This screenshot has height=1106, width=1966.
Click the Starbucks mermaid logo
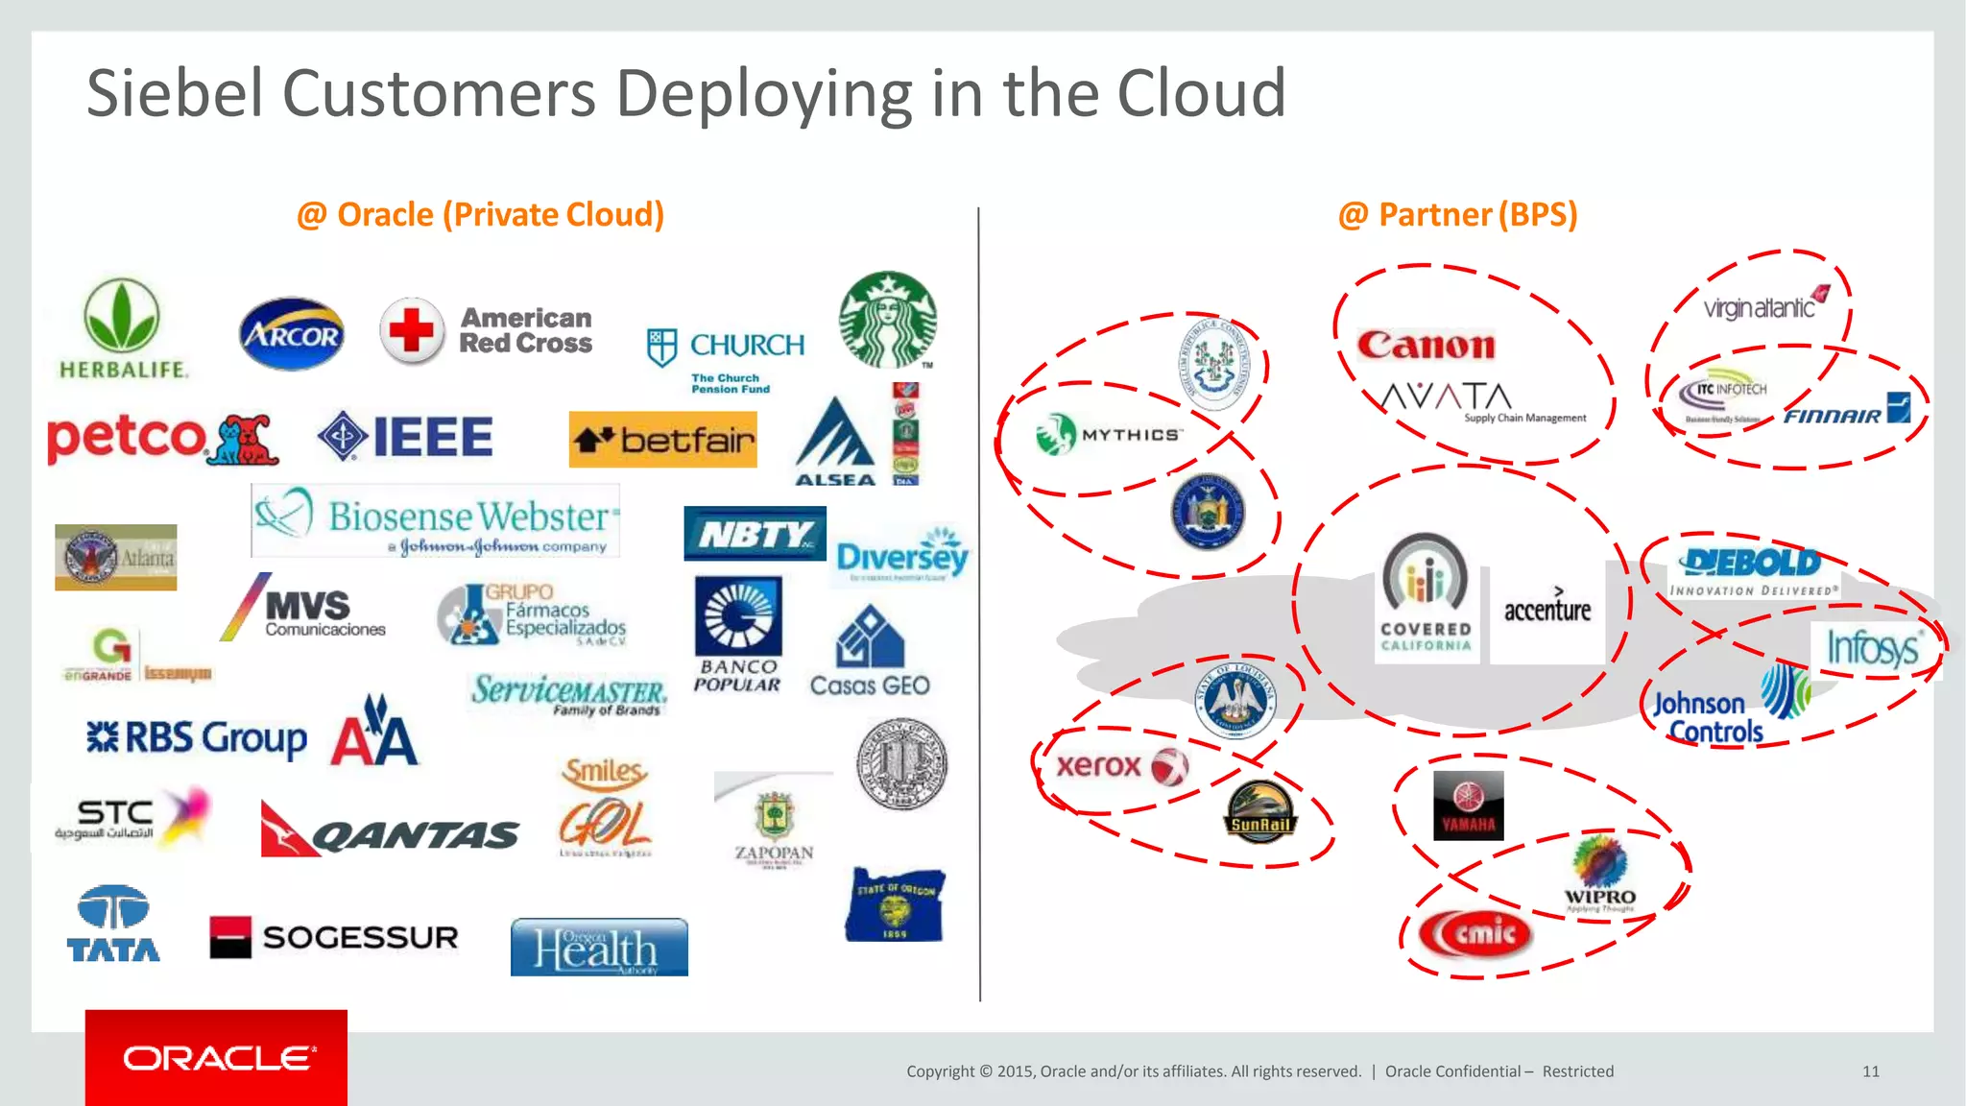click(x=888, y=320)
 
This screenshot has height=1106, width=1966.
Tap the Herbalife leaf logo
click(x=122, y=317)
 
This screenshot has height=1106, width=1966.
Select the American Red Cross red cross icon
click(x=412, y=331)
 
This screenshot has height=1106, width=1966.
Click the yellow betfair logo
click(x=662, y=440)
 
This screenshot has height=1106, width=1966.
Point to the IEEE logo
click(x=405, y=437)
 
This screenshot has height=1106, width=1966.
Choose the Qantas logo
click(x=390, y=830)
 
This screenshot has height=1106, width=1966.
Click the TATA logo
click(x=113, y=924)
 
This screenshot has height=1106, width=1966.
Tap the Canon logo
click(x=1426, y=346)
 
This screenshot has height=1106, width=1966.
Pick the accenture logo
click(x=1547, y=609)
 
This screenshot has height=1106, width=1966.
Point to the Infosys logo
click(x=1873, y=649)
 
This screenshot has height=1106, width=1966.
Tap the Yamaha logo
click(x=1468, y=805)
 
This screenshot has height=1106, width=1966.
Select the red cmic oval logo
click(x=1474, y=933)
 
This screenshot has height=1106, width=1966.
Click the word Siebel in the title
click(x=175, y=93)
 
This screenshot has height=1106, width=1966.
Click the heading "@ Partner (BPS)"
click(x=1457, y=214)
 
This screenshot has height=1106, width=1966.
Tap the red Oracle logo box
click(x=216, y=1057)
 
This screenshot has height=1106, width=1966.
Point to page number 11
click(x=1871, y=1071)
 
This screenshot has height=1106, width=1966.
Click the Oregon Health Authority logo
click(x=599, y=947)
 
